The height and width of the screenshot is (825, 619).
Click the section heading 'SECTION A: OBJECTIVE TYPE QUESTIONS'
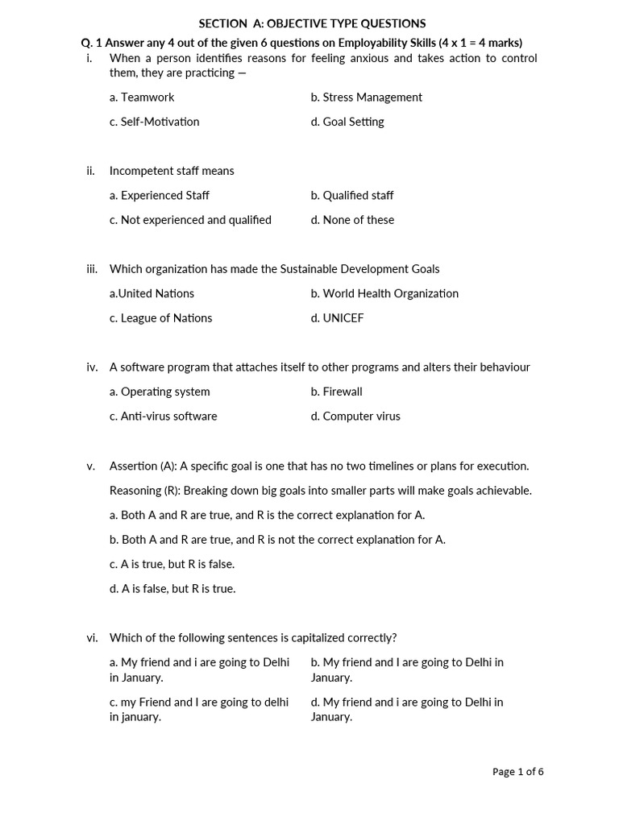(x=312, y=24)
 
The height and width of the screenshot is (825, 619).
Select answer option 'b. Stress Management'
(x=366, y=97)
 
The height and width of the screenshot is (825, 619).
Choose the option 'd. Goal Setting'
(x=347, y=122)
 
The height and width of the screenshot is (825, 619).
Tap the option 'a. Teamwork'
(x=142, y=97)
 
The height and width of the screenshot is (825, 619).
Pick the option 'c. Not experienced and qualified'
(x=190, y=220)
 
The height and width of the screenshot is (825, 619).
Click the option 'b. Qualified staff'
(x=352, y=195)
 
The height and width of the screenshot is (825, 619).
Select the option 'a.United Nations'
(x=152, y=293)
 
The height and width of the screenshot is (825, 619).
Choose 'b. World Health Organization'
(x=384, y=293)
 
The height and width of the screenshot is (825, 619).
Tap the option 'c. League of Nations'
(x=160, y=318)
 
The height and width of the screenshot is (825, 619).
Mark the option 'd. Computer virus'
(x=355, y=417)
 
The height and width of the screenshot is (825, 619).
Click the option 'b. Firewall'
(x=336, y=392)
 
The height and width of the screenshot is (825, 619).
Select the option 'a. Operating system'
(x=160, y=392)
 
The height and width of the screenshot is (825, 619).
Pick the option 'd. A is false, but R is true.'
(x=172, y=589)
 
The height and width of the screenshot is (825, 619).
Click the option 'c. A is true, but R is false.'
(x=172, y=564)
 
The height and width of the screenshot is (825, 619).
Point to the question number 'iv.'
(x=92, y=367)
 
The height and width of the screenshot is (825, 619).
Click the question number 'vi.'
(x=92, y=638)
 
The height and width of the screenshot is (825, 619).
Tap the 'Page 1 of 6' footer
(x=517, y=772)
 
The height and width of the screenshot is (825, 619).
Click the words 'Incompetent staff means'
(x=172, y=171)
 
